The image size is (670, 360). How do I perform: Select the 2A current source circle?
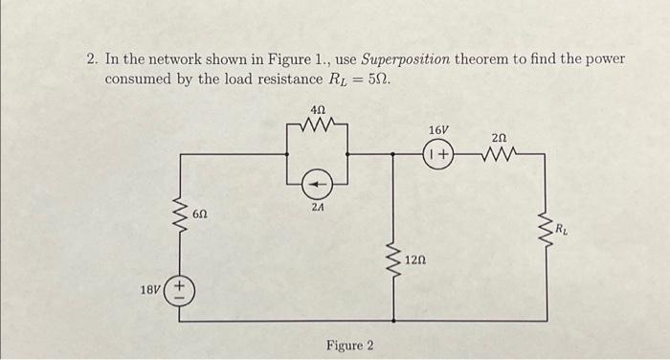click(x=319, y=180)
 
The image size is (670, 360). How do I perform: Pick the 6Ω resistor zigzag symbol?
click(x=178, y=215)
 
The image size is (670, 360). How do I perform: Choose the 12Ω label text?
click(x=415, y=259)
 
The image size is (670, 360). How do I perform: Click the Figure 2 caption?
click(x=350, y=345)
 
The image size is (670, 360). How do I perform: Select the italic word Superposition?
click(x=402, y=59)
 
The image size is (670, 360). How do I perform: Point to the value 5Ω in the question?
click(x=379, y=78)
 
